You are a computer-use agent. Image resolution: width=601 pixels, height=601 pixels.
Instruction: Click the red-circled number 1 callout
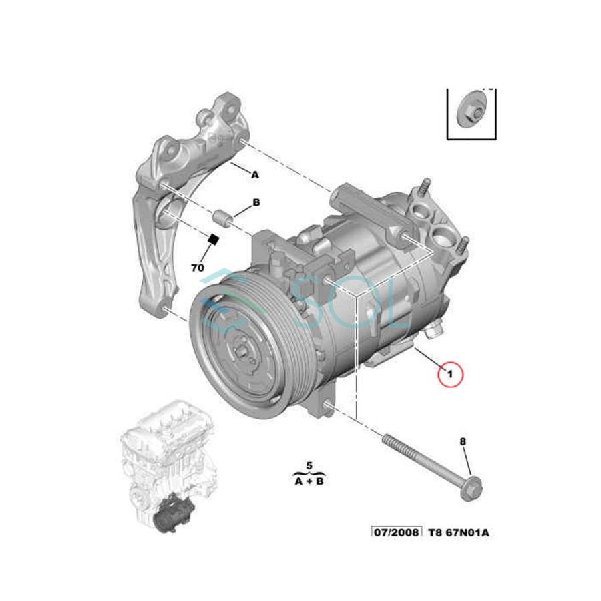coord(449,374)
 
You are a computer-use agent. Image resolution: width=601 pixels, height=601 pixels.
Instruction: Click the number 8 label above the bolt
coord(463,441)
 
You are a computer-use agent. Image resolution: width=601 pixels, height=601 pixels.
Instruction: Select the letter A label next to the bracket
coord(254,174)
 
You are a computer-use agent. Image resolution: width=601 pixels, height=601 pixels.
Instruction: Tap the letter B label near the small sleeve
coord(255,202)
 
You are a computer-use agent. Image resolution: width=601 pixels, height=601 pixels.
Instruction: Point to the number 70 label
coord(197,268)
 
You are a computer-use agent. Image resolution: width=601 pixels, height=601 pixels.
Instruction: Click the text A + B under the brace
coord(309,480)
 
